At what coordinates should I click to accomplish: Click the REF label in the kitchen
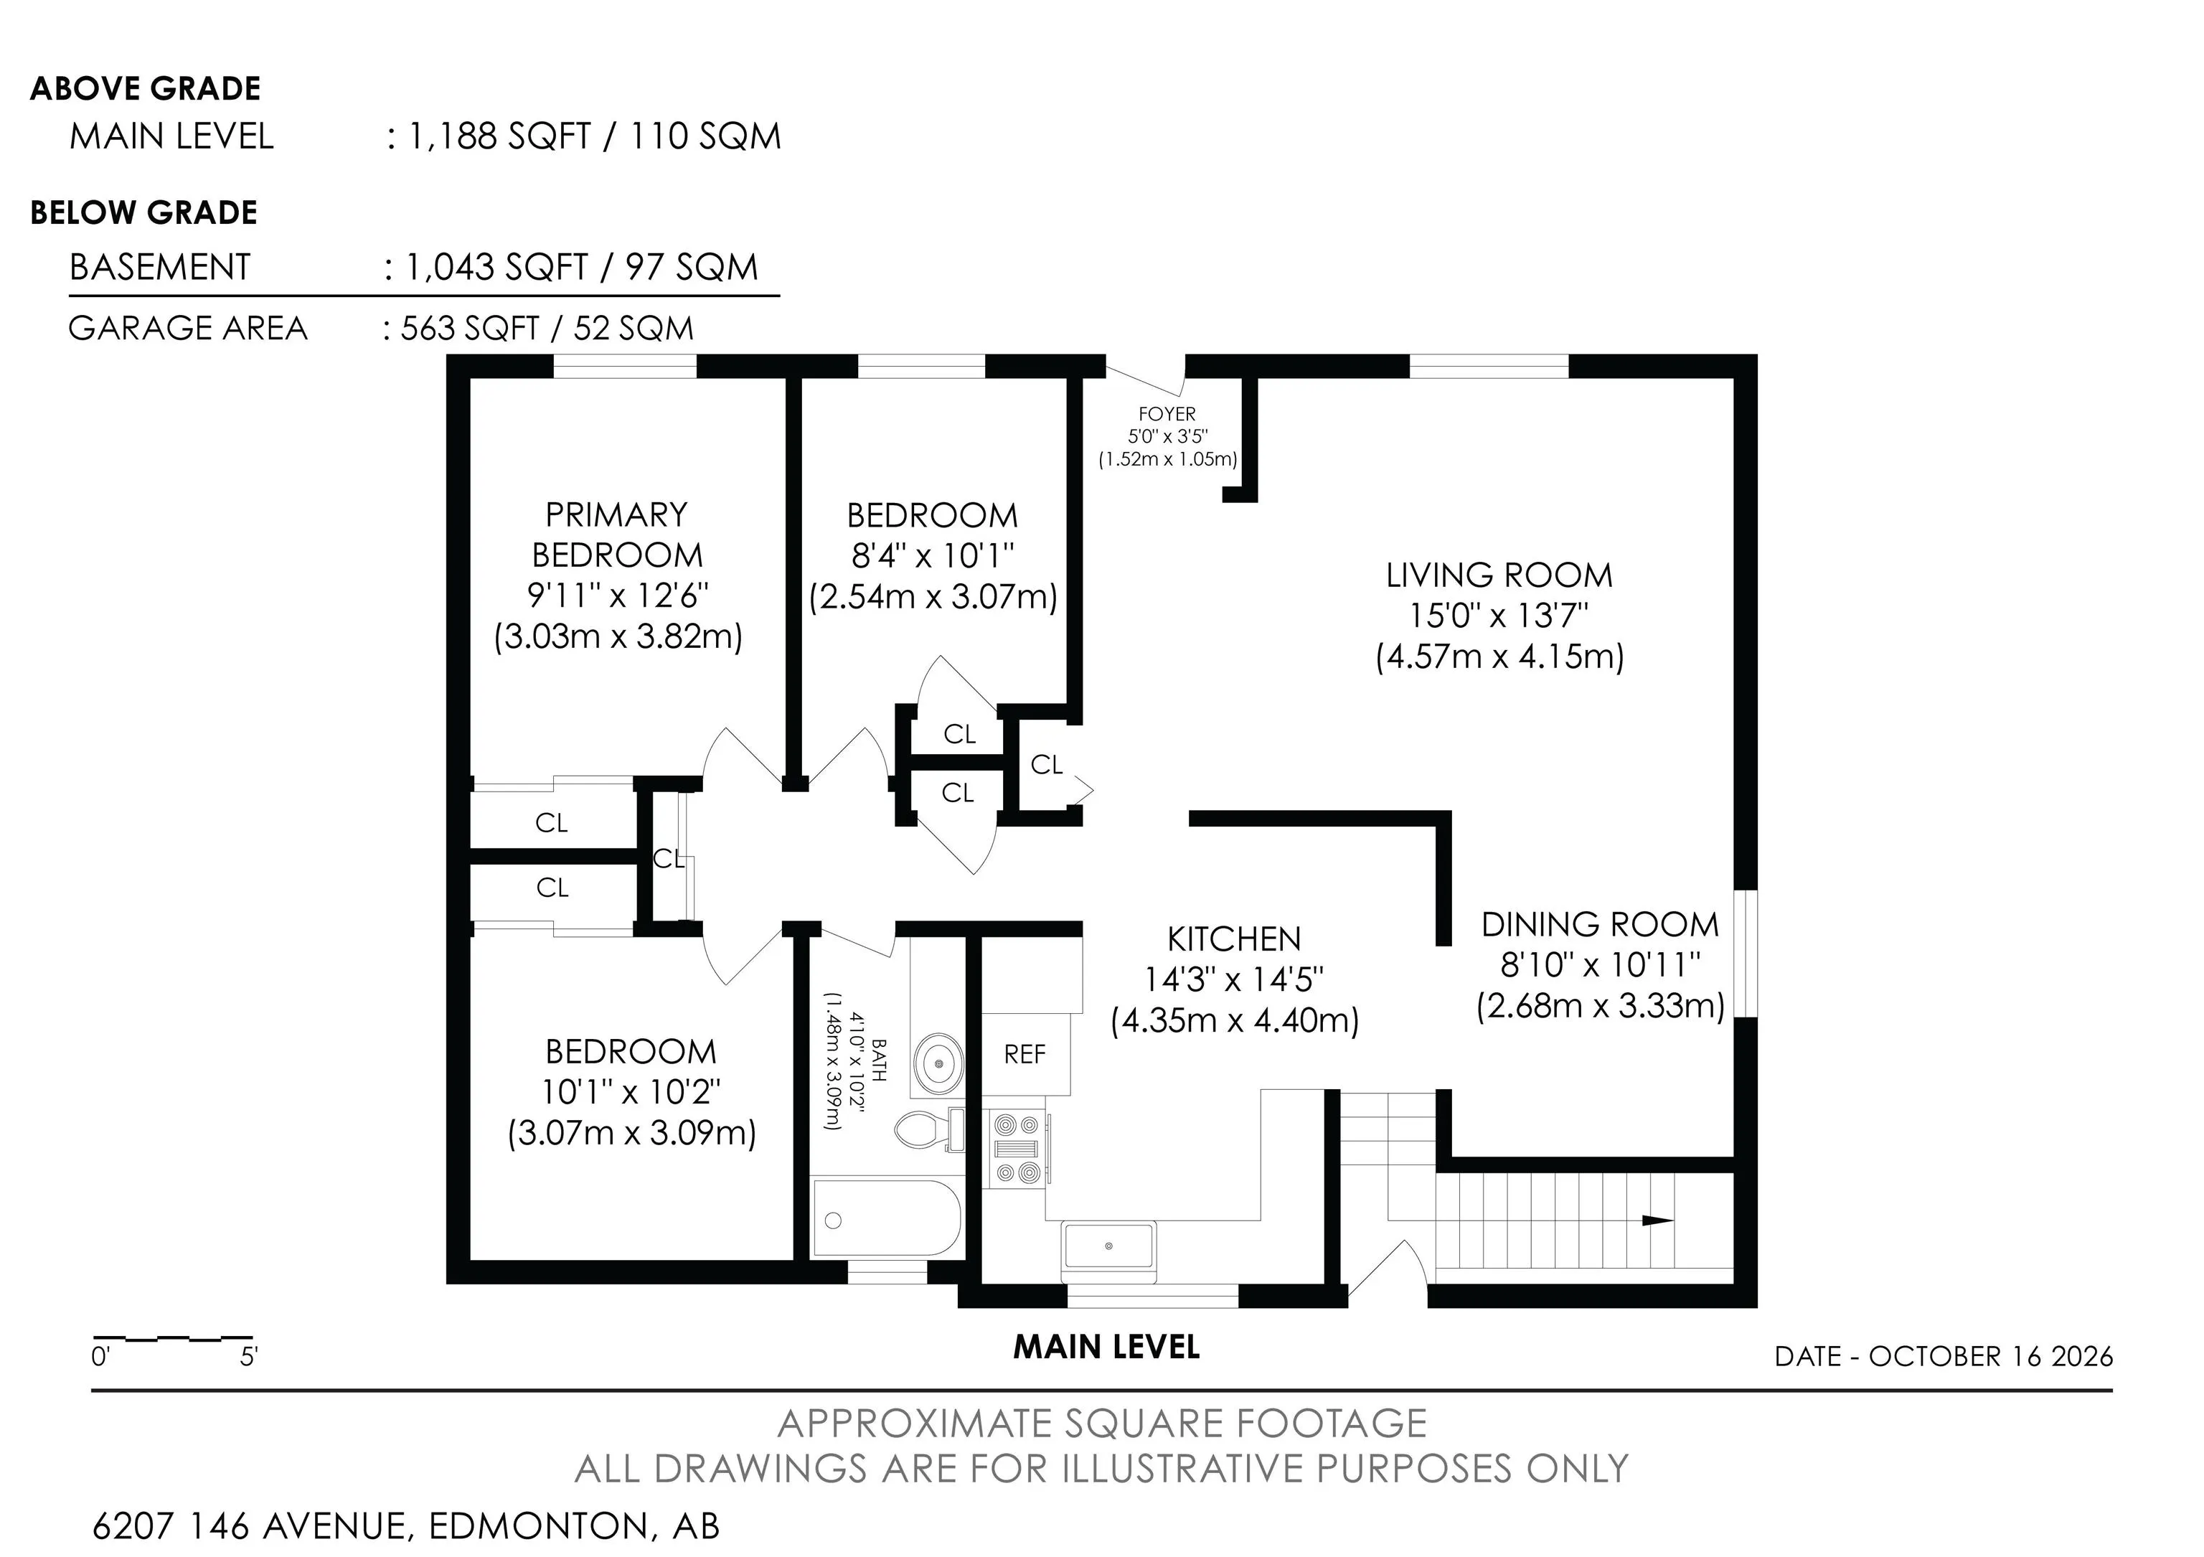click(1025, 1054)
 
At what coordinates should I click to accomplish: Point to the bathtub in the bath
click(886, 1218)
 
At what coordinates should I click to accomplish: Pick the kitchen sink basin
click(1108, 1246)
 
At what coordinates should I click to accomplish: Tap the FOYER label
click(1167, 414)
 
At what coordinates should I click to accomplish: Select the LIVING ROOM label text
click(1499, 575)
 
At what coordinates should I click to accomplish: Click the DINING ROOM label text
click(1600, 924)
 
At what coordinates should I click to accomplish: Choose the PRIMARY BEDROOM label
click(617, 535)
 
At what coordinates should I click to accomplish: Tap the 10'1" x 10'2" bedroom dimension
click(631, 1092)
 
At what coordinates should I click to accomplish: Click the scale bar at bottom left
click(173, 1337)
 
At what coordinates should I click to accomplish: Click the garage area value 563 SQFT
click(469, 329)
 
